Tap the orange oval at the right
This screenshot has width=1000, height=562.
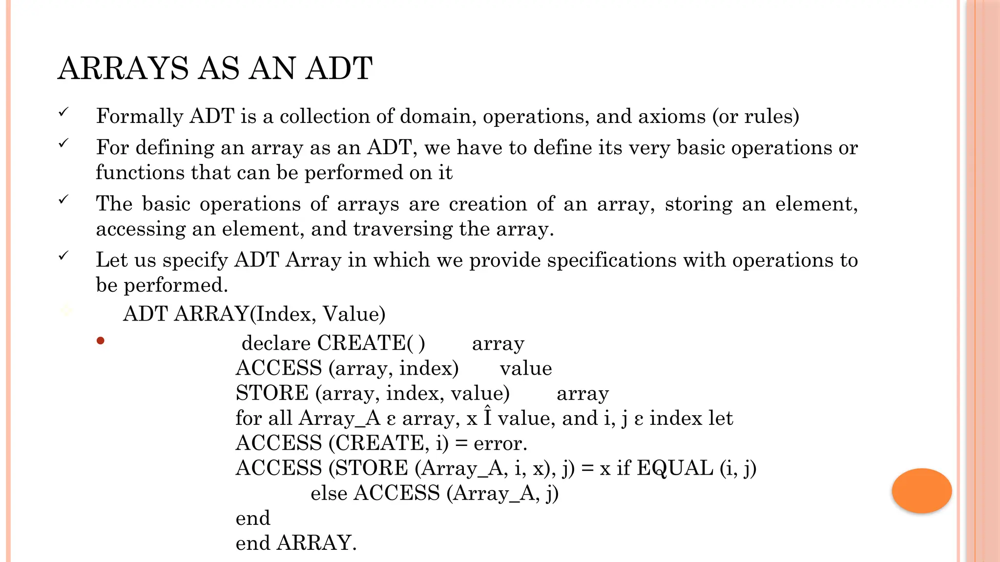click(921, 490)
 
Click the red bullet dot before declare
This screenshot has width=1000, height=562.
click(101, 341)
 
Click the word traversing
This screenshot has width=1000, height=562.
click(403, 229)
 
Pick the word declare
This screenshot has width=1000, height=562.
click(276, 343)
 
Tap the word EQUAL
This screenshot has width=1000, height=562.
click(675, 468)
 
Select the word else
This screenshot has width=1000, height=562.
click(329, 493)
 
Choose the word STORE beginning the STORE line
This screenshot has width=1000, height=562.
click(272, 393)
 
